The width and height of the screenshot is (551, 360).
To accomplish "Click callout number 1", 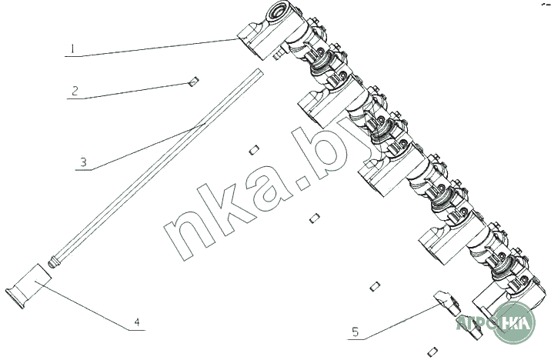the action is [72, 48].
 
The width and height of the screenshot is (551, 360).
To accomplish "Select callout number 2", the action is [75, 91].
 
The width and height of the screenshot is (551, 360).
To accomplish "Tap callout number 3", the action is [83, 162].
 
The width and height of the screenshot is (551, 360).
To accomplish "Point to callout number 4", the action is [137, 322].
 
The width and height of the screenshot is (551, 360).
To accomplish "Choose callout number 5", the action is [356, 332].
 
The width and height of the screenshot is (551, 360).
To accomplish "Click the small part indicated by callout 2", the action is [193, 81].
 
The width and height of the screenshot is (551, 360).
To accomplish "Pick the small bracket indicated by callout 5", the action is [448, 302].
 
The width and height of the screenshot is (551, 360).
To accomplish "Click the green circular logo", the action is [515, 322].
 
